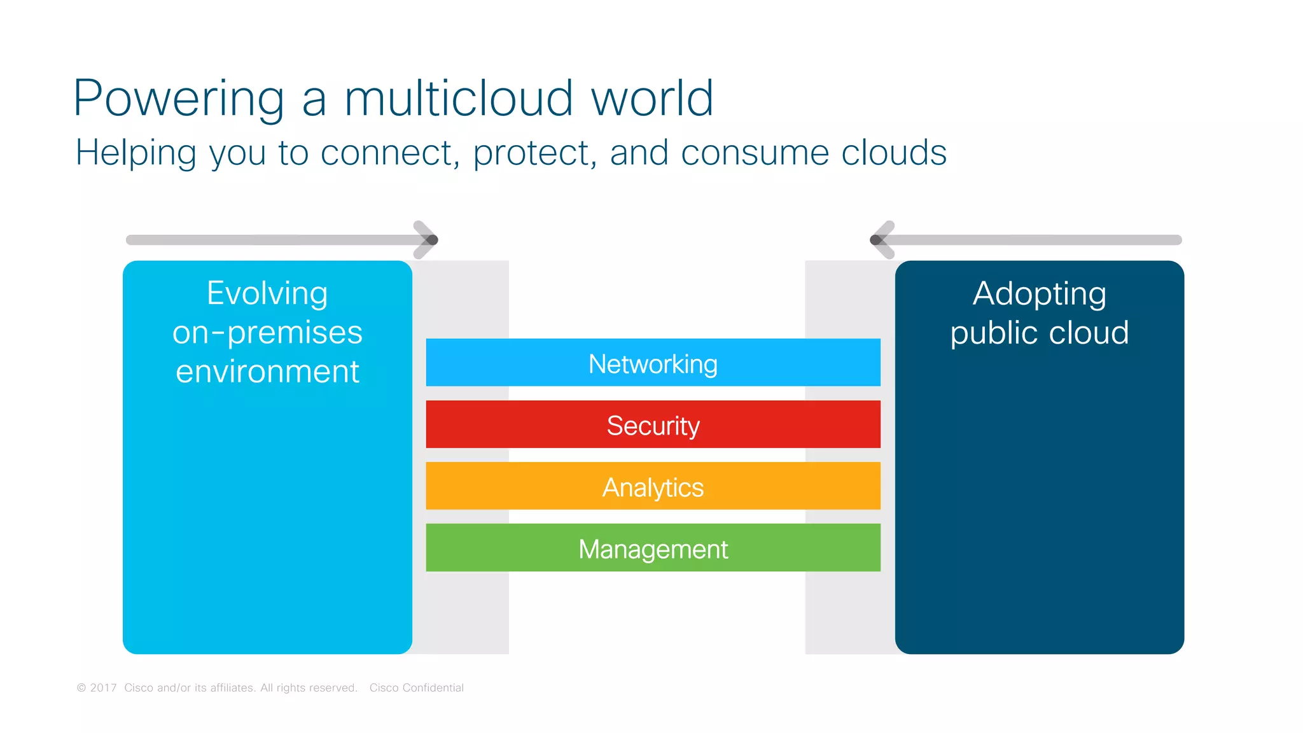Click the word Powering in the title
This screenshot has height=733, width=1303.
179,99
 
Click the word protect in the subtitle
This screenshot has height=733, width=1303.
531,153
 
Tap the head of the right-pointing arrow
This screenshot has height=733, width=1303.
428,240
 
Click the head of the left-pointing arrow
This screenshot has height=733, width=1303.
881,240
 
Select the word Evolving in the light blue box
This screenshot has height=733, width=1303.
267,294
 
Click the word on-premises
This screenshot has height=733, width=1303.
267,333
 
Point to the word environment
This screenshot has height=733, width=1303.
267,372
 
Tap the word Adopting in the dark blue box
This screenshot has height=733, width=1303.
1039,295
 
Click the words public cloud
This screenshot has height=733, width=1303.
1039,333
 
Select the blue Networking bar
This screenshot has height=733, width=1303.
653,363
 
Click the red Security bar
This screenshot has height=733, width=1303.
653,424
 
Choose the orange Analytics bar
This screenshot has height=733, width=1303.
653,486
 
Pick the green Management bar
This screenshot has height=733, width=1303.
653,548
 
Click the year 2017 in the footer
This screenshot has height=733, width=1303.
103,688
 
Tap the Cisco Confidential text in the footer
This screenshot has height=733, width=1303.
416,688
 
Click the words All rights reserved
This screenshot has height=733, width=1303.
309,688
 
